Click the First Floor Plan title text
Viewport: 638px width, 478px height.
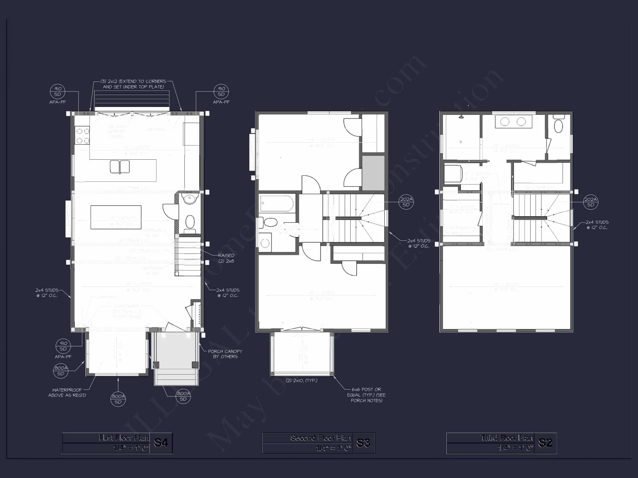click(x=123, y=438)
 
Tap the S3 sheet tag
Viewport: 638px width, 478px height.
click(x=363, y=443)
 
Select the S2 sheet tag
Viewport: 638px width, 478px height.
click(x=545, y=443)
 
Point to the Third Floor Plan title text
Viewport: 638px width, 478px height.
click(x=507, y=438)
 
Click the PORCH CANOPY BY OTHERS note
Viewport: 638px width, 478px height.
click(x=225, y=354)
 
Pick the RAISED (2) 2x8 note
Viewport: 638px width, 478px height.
click(x=226, y=258)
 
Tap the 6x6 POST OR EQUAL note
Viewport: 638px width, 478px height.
click(x=366, y=395)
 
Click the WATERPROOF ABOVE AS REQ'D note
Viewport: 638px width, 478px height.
click(x=67, y=393)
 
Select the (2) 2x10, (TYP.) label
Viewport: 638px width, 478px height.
click(x=301, y=380)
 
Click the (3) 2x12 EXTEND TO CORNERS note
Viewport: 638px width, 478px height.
click(x=133, y=84)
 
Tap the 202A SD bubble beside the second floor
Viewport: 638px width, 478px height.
click(x=406, y=202)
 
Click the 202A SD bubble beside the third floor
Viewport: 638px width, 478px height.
click(x=590, y=202)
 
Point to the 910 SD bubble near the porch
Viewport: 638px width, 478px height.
click(x=63, y=346)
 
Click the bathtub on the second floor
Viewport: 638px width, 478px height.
click(x=277, y=204)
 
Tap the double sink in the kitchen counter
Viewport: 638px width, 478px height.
click(x=120, y=167)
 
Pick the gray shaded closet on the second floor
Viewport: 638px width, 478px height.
click(x=373, y=173)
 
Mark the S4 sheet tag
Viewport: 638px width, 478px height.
click(x=161, y=443)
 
